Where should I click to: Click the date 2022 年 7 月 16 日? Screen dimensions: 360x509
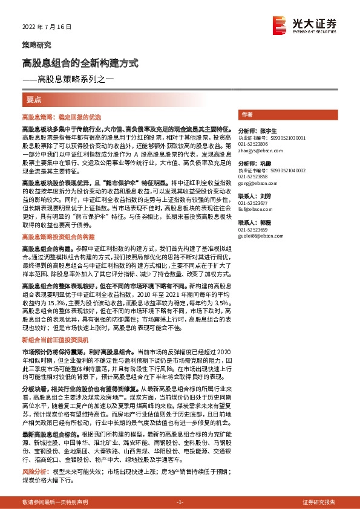[47, 27]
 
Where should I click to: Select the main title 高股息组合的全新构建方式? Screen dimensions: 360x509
[80, 63]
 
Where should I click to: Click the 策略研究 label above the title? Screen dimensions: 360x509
[36, 45]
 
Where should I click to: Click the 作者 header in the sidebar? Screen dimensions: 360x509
[247, 114]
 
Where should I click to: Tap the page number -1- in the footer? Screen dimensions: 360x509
[179, 502]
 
